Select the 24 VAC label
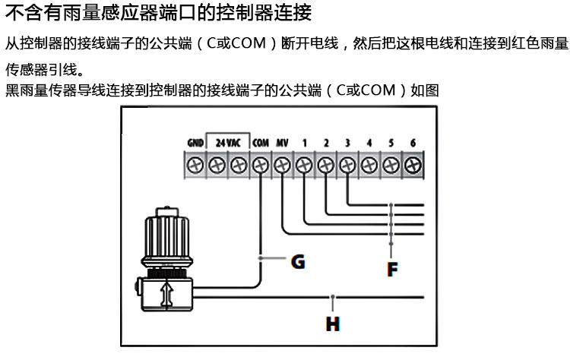tap(227, 142)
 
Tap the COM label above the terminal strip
tap(261, 142)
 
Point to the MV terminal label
tap(283, 142)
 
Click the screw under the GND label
tap(195, 163)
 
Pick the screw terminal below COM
tap(261, 163)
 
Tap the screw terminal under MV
tap(283, 163)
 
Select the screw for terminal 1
tap(305, 163)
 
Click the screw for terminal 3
tap(348, 163)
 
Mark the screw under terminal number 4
tap(370, 163)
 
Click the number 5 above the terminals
tap(391, 142)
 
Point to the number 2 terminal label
tap(326, 142)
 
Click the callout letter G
tap(298, 262)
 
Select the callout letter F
tap(392, 268)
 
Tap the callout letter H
tap(333, 324)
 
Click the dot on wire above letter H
tap(332, 295)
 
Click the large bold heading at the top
tap(158, 13)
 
